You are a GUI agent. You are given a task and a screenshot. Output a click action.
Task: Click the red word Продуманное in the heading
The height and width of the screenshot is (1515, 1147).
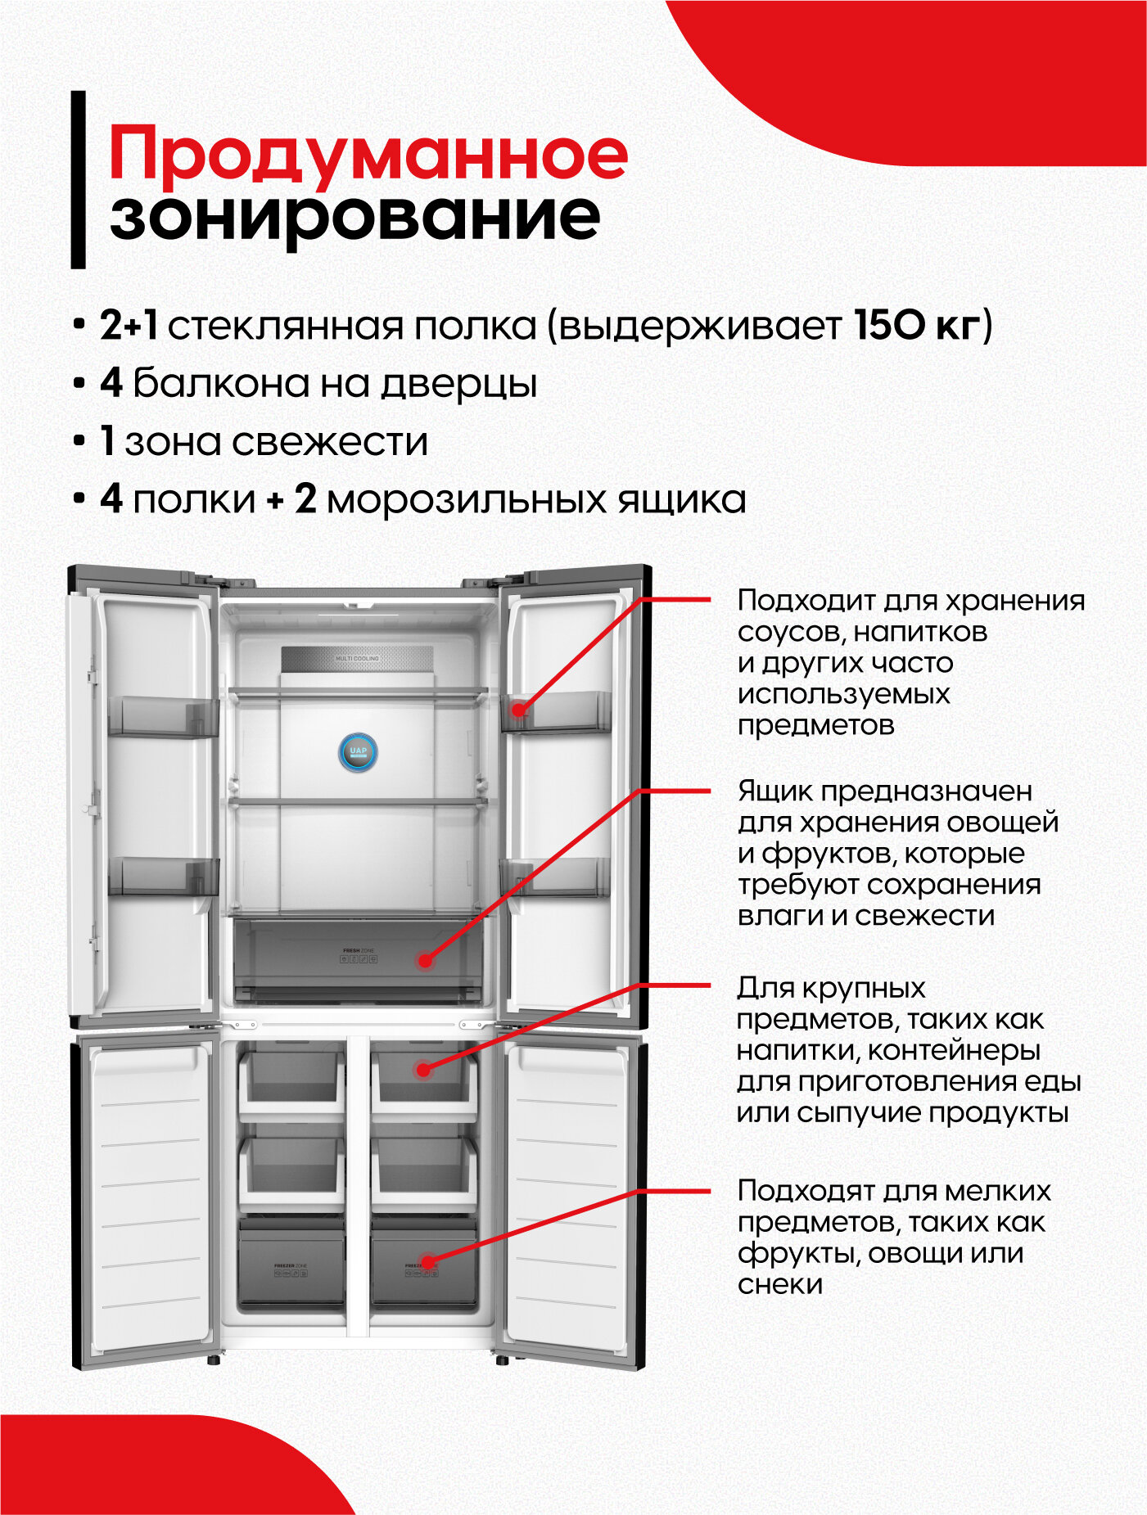(368, 154)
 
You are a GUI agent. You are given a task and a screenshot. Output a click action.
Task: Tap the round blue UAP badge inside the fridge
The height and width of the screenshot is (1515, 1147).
(358, 751)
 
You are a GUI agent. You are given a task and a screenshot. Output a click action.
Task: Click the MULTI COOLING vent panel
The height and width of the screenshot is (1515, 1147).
(357, 659)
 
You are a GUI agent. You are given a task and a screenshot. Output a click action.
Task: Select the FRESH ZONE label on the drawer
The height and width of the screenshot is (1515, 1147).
(358, 950)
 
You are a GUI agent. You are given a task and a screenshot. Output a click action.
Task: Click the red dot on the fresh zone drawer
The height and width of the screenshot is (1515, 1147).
(425, 961)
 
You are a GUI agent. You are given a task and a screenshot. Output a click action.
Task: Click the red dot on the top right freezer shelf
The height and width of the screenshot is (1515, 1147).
(422, 1069)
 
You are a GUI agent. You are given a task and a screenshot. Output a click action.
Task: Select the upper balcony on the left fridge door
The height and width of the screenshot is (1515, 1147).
(163, 717)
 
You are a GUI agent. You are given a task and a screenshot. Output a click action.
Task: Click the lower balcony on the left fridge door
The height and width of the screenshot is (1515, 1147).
(163, 877)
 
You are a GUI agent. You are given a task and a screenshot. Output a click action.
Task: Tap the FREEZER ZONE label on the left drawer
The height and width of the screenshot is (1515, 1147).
(291, 1265)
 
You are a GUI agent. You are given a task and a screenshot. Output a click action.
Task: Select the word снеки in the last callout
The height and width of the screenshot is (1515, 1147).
(779, 1284)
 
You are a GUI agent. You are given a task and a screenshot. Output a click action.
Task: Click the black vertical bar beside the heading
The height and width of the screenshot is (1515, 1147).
(79, 179)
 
